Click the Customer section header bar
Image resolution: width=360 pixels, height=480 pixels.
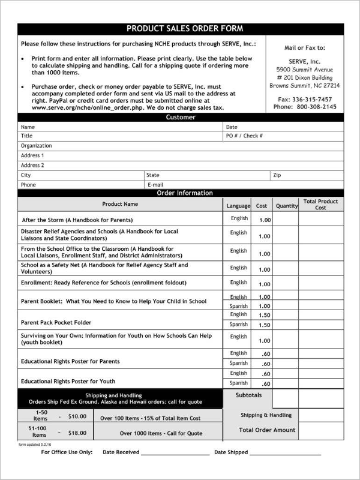coord(180,118)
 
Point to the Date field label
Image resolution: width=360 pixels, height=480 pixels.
coord(232,127)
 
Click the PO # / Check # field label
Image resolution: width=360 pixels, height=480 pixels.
coord(244,136)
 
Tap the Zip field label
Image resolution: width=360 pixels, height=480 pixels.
coord(277,175)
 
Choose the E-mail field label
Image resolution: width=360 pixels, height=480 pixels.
coord(155,185)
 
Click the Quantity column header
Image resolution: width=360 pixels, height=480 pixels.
coord(286,206)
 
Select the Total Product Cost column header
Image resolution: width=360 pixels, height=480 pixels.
coord(320,205)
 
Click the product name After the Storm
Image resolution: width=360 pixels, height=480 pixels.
coord(77,220)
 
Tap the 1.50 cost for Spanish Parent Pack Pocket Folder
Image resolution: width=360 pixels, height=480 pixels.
coord(265,325)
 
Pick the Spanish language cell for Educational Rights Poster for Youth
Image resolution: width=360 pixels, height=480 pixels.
coord(238,383)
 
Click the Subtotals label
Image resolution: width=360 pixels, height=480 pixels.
coord(249,395)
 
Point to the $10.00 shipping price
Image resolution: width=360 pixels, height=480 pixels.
coord(77,416)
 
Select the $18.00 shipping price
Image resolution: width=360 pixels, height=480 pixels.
coord(77,433)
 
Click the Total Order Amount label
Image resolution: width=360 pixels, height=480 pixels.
coord(267,430)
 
